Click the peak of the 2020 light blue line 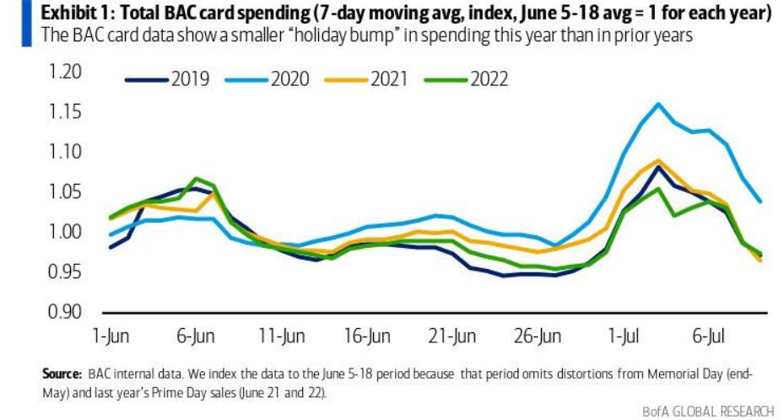pos(657,105)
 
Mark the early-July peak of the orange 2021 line pos(657,160)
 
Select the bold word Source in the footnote pos(62,372)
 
